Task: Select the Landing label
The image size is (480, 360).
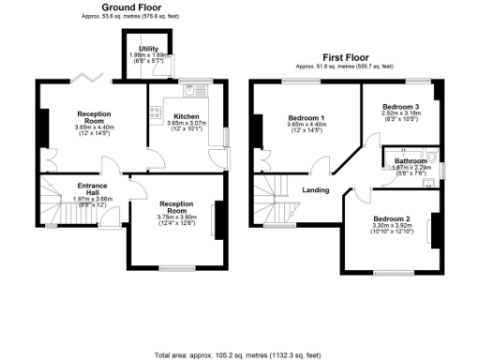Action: point(314,190)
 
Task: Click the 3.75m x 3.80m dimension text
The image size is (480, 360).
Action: point(175,217)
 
